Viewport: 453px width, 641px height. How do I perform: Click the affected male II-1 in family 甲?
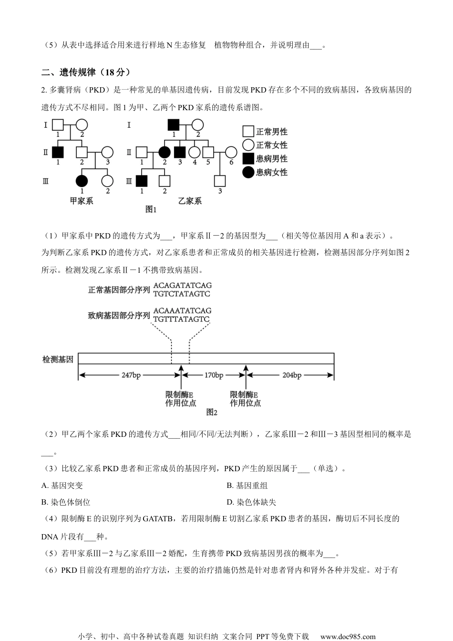(x=58, y=153)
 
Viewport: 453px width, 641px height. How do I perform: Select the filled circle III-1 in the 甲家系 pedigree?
(x=82, y=181)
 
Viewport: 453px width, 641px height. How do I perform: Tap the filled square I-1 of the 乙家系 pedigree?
(x=173, y=125)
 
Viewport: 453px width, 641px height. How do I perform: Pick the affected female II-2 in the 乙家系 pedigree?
(x=165, y=153)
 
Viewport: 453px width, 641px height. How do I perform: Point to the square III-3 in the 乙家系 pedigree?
(x=219, y=181)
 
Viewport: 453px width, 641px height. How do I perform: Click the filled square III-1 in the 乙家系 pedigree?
(x=142, y=181)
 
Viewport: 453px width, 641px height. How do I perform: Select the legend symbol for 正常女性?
(x=248, y=145)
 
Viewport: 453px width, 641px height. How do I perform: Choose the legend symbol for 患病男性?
(x=248, y=159)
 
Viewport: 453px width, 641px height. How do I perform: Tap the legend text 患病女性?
(x=272, y=172)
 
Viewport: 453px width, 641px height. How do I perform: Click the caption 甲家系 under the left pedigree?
(x=82, y=201)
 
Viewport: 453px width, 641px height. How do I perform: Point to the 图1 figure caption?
(x=151, y=209)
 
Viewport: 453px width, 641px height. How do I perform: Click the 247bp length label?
(x=131, y=375)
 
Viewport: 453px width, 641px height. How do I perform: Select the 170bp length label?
(x=214, y=375)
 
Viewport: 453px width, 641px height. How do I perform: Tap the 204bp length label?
(x=291, y=375)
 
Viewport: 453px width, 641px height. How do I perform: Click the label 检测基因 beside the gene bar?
(x=58, y=360)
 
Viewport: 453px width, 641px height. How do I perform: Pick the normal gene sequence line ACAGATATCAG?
(x=182, y=286)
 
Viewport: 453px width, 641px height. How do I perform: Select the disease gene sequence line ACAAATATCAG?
(x=182, y=311)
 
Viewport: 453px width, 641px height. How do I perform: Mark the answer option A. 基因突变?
(x=62, y=486)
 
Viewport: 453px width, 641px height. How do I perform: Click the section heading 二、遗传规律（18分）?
(x=86, y=72)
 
